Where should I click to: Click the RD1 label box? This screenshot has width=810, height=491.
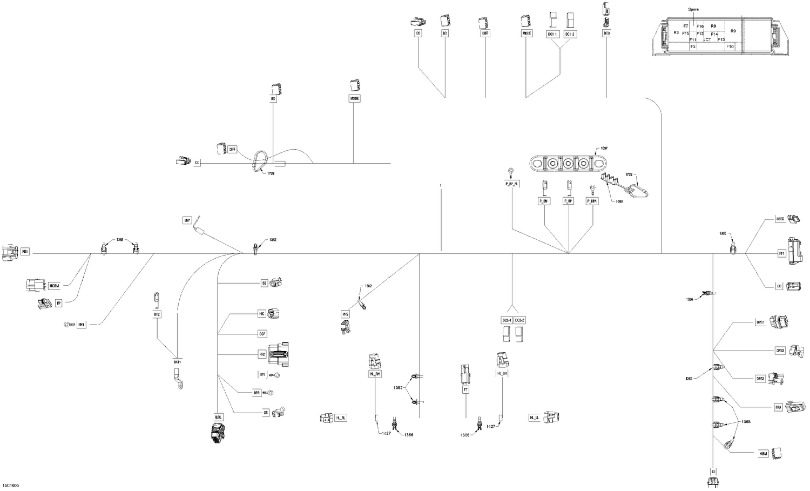(x=25, y=252)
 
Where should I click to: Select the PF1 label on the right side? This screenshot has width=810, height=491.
(x=781, y=253)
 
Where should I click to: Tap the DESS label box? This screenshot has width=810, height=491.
(x=780, y=219)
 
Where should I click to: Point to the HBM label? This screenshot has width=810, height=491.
(x=763, y=454)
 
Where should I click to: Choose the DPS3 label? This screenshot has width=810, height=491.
(x=780, y=351)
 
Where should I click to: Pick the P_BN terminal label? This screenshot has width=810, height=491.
(x=544, y=201)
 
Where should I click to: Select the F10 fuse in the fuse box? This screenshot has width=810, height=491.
(x=730, y=47)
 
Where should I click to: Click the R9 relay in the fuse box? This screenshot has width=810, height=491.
(x=733, y=31)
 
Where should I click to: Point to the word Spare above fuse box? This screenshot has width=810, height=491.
(x=693, y=10)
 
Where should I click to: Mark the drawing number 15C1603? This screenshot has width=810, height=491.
(x=11, y=486)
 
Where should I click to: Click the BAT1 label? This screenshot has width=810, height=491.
(x=177, y=361)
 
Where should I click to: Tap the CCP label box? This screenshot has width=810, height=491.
(x=262, y=334)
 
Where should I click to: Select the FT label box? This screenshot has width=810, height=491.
(x=465, y=389)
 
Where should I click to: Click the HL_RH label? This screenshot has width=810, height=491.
(x=374, y=374)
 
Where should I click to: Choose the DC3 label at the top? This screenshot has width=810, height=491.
(x=606, y=33)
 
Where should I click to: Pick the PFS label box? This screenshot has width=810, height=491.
(x=345, y=314)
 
